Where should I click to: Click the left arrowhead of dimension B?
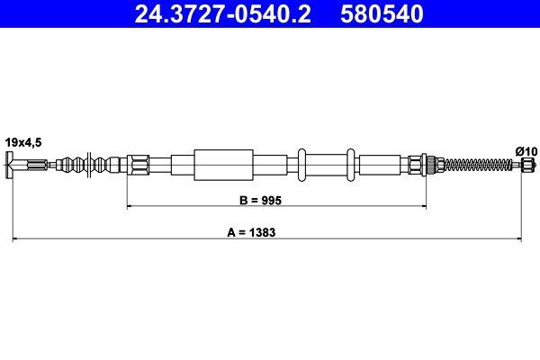tap(130, 206)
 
